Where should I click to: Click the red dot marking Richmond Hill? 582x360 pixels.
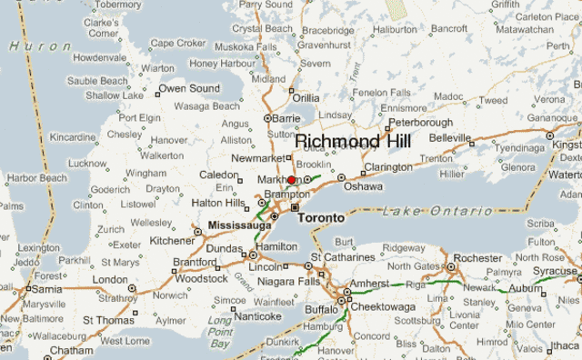coord(291,180)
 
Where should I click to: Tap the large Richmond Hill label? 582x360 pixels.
coord(353,142)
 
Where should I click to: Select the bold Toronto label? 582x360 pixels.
coord(321,218)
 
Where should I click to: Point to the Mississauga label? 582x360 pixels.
coord(239,224)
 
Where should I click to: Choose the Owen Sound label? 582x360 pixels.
coord(189,88)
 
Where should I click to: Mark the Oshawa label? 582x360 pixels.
coord(363,186)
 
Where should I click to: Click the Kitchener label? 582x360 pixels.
coord(172,241)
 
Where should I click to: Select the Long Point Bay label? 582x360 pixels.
coord(220,333)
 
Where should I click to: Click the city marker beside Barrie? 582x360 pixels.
coord(266,118)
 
